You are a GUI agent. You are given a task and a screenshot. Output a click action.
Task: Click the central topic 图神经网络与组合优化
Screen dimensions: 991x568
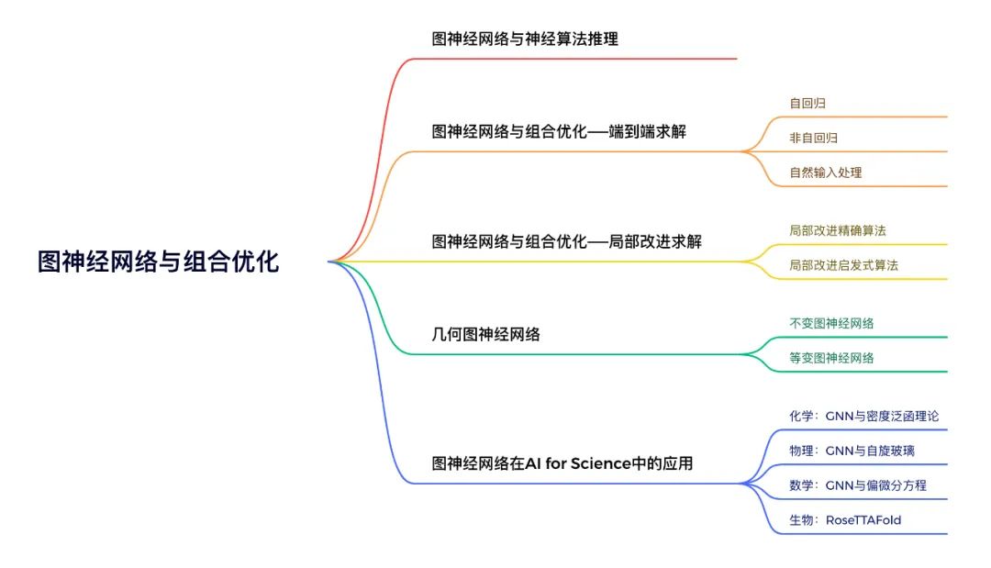click(x=158, y=262)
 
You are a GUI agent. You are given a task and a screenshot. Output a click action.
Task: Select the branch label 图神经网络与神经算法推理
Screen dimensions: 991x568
click(x=525, y=39)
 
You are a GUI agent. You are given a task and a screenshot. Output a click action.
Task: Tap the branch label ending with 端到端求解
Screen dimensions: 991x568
click(x=559, y=131)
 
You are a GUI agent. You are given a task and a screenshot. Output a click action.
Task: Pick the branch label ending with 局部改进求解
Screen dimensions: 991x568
click(x=566, y=241)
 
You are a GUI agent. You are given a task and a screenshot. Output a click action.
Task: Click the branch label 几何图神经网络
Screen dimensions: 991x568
click(x=485, y=334)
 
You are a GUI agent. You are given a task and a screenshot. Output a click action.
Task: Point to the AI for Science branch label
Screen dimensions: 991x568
click(x=562, y=463)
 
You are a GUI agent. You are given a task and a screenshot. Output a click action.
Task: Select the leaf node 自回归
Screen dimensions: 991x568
click(x=807, y=103)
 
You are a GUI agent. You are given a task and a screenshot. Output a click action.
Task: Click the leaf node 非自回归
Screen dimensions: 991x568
click(x=813, y=138)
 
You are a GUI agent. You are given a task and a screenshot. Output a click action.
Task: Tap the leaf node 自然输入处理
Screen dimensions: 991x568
click(x=826, y=173)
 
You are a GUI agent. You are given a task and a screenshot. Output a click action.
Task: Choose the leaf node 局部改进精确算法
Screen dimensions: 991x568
click(x=838, y=230)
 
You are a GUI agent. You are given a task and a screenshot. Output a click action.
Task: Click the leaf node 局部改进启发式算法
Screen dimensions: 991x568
click(x=844, y=265)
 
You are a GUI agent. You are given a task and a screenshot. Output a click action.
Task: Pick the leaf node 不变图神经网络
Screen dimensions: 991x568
click(x=831, y=324)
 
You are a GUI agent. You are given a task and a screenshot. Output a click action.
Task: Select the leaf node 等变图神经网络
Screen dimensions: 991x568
click(x=831, y=358)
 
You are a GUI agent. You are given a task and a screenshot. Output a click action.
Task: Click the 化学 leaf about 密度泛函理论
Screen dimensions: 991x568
click(x=864, y=416)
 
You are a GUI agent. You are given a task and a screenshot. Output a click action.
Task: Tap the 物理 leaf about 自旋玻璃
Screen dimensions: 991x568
click(x=852, y=451)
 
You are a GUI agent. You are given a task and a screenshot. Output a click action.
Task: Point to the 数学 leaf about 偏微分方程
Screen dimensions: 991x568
click(x=858, y=485)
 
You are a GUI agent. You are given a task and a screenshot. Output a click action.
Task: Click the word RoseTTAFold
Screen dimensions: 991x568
click(x=863, y=520)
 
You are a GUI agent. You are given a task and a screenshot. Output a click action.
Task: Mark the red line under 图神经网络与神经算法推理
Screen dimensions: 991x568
click(x=573, y=59)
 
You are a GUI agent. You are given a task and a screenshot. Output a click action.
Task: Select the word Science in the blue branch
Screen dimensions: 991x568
click(x=600, y=463)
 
